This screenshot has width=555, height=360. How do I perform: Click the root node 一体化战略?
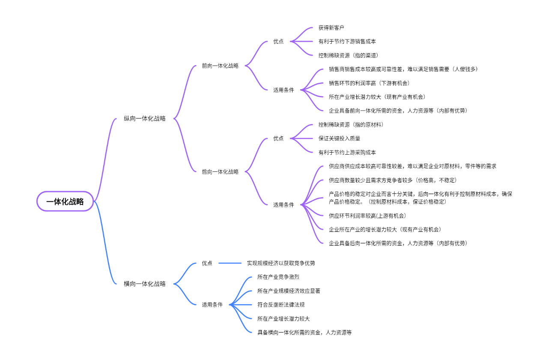click(65, 201)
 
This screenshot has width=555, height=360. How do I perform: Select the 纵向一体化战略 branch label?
click(144, 119)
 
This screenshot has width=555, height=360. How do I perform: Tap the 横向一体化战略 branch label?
click(144, 284)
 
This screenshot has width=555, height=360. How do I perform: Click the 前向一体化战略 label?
click(220, 66)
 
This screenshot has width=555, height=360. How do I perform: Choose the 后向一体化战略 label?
click(220, 172)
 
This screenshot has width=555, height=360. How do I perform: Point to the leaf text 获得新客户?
click(331, 28)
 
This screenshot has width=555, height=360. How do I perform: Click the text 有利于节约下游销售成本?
click(347, 42)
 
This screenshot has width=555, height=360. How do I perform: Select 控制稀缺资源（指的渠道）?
click(348, 55)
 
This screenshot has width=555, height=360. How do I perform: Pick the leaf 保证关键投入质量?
click(339, 138)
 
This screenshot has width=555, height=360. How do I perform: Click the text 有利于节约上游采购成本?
click(347, 152)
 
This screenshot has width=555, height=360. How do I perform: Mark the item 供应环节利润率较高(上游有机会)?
click(367, 216)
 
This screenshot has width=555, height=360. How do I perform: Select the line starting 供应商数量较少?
click(393, 180)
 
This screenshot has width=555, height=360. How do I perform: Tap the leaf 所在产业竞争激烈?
click(278, 277)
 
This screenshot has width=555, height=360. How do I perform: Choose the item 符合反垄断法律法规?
click(280, 305)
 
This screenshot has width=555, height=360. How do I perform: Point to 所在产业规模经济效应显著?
click(289, 291)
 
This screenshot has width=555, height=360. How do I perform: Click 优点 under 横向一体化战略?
click(207, 263)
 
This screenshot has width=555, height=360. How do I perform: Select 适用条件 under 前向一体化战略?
click(283, 90)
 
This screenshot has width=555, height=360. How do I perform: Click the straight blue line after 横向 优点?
click(230, 263)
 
